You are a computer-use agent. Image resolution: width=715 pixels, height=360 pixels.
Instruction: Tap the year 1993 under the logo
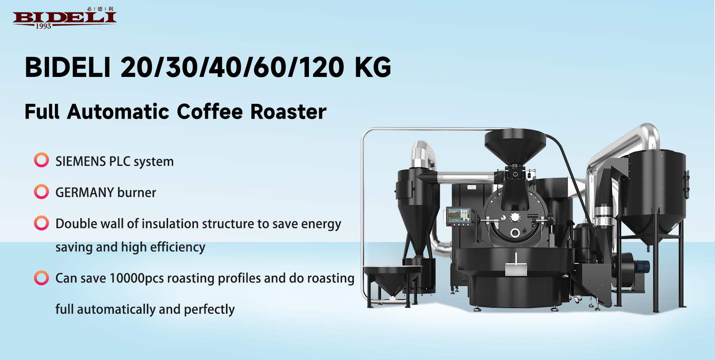(x=43, y=26)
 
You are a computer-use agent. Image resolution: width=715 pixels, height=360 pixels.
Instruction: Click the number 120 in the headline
(x=321, y=68)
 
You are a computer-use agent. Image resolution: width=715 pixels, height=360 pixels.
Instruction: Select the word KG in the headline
(x=373, y=68)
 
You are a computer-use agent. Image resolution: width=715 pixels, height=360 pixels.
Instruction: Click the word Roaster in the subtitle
(x=288, y=112)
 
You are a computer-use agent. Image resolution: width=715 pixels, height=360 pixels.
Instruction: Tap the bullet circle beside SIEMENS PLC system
(x=41, y=160)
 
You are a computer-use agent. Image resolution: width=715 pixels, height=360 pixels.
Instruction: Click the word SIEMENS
(x=81, y=161)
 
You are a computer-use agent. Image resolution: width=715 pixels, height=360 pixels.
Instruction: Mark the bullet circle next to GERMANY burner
(x=41, y=192)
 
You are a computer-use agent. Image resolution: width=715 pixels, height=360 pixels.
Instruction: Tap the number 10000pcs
(x=137, y=279)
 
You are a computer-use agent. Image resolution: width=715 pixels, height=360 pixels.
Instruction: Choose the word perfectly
(x=209, y=310)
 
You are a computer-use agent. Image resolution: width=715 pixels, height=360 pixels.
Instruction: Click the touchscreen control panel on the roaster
(x=459, y=216)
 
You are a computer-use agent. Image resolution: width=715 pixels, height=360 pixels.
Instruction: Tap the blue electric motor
(x=643, y=267)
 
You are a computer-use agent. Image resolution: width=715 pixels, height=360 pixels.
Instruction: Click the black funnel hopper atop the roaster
(x=515, y=146)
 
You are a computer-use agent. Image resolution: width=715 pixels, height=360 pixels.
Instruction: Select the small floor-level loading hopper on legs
(x=392, y=284)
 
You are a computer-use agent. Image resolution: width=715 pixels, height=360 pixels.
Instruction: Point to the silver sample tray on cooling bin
(x=516, y=269)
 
